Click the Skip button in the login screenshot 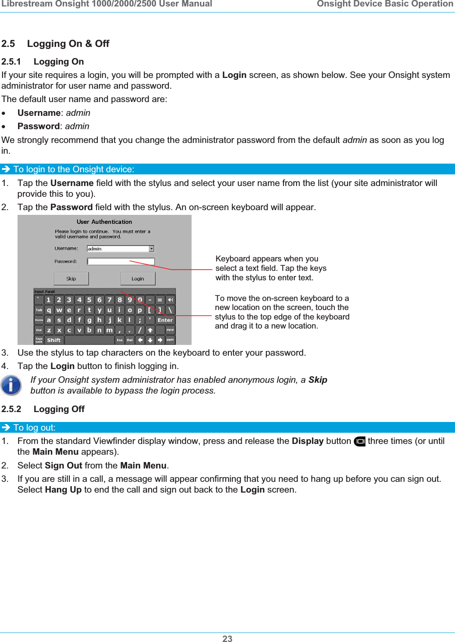click(71, 279)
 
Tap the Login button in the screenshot click(137, 279)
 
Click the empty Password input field click(121, 261)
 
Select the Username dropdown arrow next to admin click(152, 248)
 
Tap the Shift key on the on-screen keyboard click(54, 340)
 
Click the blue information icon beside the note click(11, 385)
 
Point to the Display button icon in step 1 click(359, 441)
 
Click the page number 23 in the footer click(227, 639)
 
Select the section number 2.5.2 click(11, 409)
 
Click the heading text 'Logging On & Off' click(68, 44)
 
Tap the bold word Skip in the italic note click(318, 380)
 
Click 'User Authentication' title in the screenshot click(104, 222)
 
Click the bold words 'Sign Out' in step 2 click(63, 465)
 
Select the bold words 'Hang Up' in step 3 click(63, 490)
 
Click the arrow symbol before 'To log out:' click(6, 428)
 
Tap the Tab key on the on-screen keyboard click(39, 310)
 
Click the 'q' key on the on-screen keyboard click(49, 310)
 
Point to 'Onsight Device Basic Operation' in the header click(385, 4)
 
